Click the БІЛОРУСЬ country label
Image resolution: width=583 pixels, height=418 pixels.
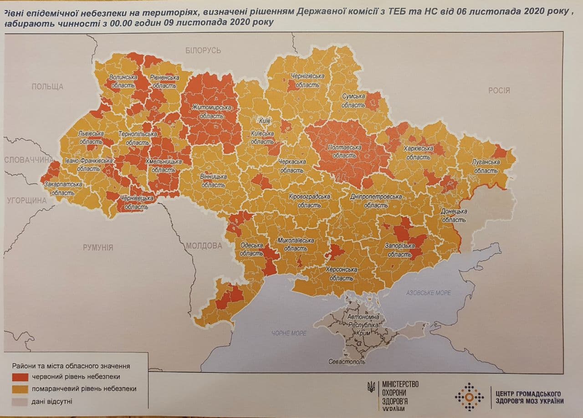tap(203, 50)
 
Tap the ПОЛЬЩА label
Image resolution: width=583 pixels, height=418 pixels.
tap(47, 87)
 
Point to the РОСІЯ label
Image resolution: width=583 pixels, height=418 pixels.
tap(499, 90)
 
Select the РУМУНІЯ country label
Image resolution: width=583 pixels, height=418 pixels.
tap(98, 248)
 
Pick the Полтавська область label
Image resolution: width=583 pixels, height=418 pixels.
tap(345, 151)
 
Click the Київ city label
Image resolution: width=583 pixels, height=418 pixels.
tap(265, 121)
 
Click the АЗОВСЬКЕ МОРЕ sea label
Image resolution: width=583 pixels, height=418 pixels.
tap(428, 293)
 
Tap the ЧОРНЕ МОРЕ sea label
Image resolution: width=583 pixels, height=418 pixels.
tap(289, 333)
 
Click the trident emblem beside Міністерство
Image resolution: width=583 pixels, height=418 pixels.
tap(372, 387)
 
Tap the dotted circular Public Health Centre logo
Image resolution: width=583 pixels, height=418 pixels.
tap(469, 397)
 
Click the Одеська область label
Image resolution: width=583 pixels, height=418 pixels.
tap(251, 249)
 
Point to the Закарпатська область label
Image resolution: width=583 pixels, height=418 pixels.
tap(63, 189)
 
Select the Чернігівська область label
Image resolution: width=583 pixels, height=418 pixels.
tap(307, 81)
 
